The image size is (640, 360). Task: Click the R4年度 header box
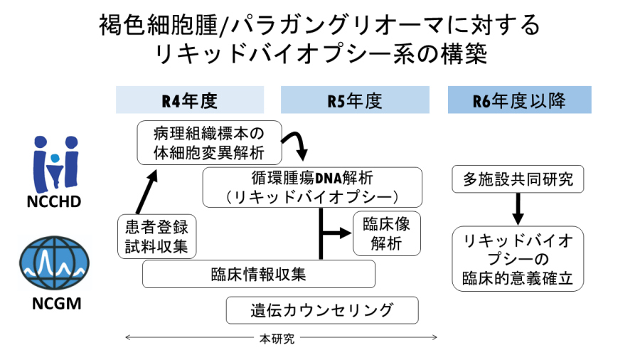click(x=190, y=100)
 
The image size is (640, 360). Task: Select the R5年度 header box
click(x=355, y=100)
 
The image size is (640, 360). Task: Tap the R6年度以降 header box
click(x=520, y=100)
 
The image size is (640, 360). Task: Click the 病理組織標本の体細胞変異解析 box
click(x=209, y=142)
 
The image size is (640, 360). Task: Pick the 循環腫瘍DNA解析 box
click(x=312, y=187)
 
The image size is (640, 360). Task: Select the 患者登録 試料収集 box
click(x=156, y=236)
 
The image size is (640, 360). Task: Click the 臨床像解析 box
click(x=387, y=233)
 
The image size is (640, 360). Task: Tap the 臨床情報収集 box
click(x=259, y=274)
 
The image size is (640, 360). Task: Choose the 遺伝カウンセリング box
click(x=322, y=310)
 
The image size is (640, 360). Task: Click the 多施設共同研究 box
click(x=518, y=179)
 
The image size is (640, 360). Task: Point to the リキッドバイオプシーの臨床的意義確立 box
click(x=518, y=259)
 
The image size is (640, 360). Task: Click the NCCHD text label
click(x=54, y=201)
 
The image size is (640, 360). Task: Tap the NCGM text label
click(x=56, y=303)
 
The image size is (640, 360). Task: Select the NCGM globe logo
click(x=54, y=263)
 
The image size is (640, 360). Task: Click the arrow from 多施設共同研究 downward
click(x=518, y=208)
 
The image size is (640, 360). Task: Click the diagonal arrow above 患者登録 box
click(x=146, y=192)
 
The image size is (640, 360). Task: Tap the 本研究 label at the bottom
click(x=277, y=339)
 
